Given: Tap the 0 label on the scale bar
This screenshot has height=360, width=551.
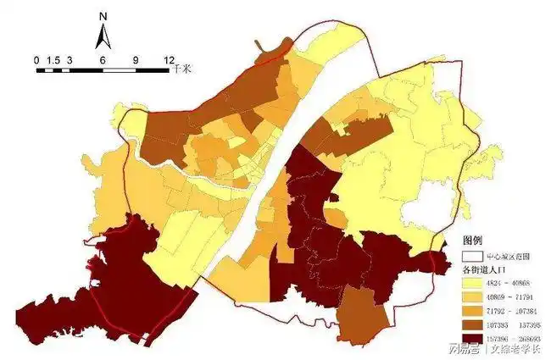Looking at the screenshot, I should [x=36, y=60].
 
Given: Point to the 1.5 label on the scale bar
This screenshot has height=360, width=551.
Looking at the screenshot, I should [x=53, y=60].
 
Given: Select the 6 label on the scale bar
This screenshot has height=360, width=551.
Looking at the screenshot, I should [x=103, y=60].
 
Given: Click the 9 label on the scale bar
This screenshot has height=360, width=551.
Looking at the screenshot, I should [x=136, y=60].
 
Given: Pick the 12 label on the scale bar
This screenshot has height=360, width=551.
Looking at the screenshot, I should [x=168, y=60].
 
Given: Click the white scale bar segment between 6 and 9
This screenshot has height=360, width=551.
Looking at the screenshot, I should [x=119, y=69].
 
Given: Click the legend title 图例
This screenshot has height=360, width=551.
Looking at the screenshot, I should [x=471, y=240].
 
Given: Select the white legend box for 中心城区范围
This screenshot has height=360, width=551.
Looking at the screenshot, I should [x=471, y=255].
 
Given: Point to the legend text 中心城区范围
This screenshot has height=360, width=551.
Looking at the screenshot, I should [x=508, y=255].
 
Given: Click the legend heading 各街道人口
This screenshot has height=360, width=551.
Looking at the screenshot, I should [x=482, y=269].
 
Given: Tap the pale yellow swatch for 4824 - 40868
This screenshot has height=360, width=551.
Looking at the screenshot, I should [x=471, y=283].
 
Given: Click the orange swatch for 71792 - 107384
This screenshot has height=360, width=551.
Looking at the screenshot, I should [x=471, y=311].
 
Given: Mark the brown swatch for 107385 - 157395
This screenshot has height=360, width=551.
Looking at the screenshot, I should [x=471, y=324].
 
